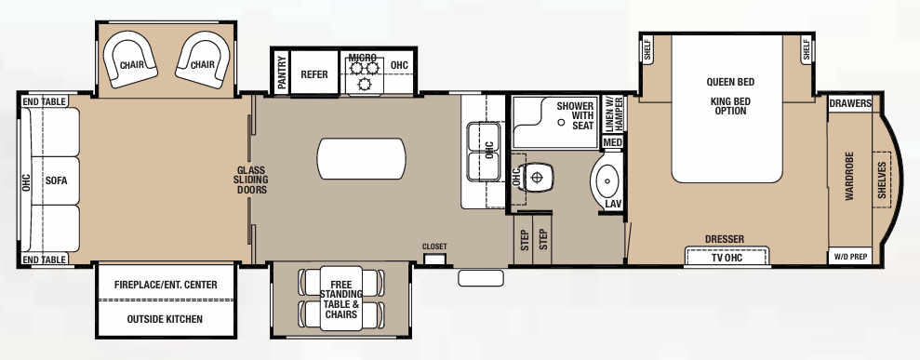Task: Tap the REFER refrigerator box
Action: click(314, 74)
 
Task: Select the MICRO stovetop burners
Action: click(363, 75)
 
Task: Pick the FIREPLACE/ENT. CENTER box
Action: click(166, 285)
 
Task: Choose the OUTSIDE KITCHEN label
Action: click(166, 319)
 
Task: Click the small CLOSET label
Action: click(434, 247)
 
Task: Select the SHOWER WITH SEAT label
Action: click(575, 116)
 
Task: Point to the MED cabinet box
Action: click(612, 142)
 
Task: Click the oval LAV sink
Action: click(609, 180)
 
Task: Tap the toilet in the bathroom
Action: click(536, 176)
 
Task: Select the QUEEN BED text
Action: click(729, 82)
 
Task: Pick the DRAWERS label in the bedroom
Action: click(849, 103)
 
